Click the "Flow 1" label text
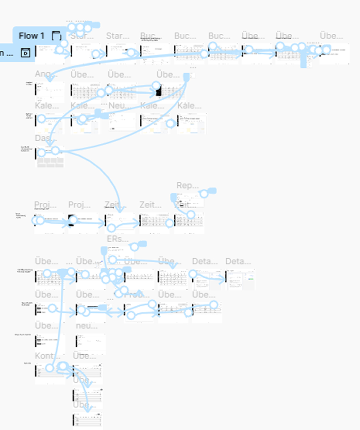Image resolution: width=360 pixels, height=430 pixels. (x=31, y=36)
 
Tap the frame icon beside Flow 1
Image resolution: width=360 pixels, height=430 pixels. (x=56, y=36)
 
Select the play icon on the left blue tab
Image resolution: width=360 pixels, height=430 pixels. (x=25, y=53)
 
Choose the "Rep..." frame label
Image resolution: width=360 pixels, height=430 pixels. (x=187, y=186)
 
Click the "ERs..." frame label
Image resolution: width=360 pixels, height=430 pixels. (x=117, y=239)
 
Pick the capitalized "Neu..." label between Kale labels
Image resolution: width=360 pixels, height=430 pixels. (x=119, y=106)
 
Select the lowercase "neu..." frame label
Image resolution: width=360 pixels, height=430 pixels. (x=86, y=326)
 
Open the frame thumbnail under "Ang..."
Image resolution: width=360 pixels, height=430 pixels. (x=50, y=92)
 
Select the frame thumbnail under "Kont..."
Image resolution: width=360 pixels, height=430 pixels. (x=50, y=374)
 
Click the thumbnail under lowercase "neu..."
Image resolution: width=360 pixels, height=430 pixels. (x=90, y=344)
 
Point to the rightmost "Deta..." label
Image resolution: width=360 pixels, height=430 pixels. (x=238, y=261)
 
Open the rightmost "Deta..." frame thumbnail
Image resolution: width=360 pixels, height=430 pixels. (x=240, y=280)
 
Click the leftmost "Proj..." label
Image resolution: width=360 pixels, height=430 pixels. (x=45, y=205)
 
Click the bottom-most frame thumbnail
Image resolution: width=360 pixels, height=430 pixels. (x=88, y=420)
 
